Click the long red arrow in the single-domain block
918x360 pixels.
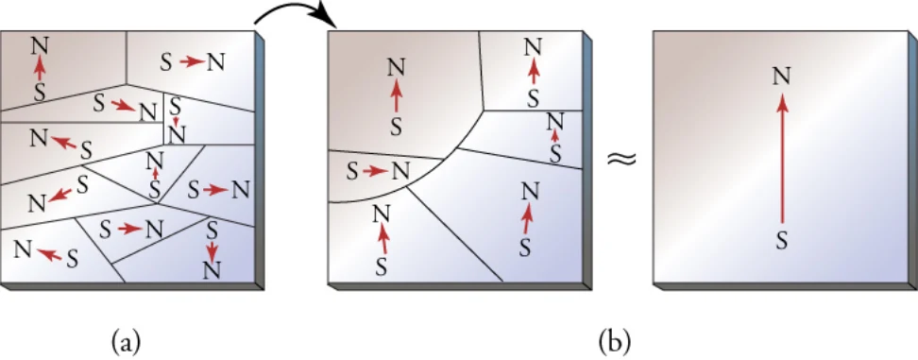point(782,160)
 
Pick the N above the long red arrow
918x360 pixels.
point(783,77)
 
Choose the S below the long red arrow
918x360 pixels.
point(782,239)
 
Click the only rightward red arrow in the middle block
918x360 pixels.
point(374,172)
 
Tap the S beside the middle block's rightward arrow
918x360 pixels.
point(352,172)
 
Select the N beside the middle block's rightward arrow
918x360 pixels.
point(401,172)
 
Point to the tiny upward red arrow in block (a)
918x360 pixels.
point(155,174)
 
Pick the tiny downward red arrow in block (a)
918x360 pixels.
point(176,121)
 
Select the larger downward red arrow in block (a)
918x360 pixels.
point(212,250)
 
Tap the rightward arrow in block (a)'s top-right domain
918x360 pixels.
point(191,60)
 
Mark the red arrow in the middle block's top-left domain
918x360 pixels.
point(397,96)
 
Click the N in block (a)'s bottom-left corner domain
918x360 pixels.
point(23,249)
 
